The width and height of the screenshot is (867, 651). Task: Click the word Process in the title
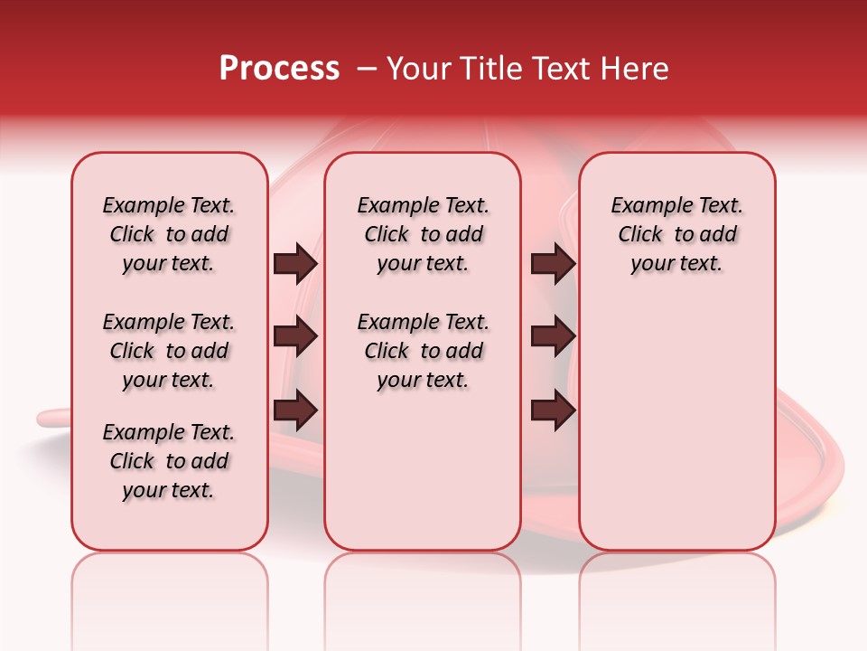pyautogui.click(x=279, y=69)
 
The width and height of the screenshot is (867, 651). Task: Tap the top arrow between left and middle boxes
pyautogui.click(x=295, y=264)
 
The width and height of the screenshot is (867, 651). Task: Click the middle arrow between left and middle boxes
pyautogui.click(x=295, y=337)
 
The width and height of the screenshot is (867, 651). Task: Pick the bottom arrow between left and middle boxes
pyautogui.click(x=295, y=410)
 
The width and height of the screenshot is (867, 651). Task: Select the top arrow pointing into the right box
pyautogui.click(x=553, y=264)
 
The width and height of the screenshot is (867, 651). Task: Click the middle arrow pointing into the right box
pyautogui.click(x=553, y=337)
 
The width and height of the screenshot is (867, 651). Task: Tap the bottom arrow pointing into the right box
pyautogui.click(x=553, y=410)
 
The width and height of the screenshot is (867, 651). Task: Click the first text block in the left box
pyautogui.click(x=169, y=234)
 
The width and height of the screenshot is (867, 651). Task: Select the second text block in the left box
pyautogui.click(x=169, y=351)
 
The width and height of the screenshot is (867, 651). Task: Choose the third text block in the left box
pyautogui.click(x=169, y=461)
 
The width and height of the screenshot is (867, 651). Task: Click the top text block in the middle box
pyautogui.click(x=423, y=234)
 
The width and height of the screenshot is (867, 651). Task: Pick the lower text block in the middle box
pyautogui.click(x=423, y=351)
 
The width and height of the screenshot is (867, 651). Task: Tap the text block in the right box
pyautogui.click(x=676, y=234)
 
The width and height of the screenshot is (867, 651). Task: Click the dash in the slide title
pyautogui.click(x=367, y=69)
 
